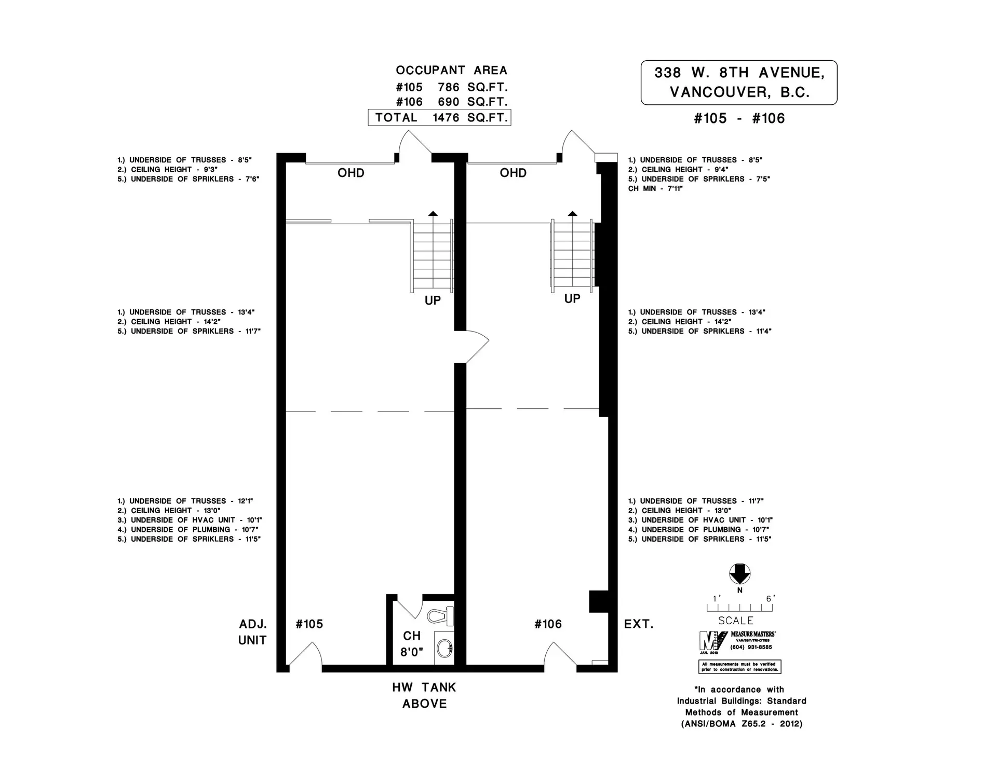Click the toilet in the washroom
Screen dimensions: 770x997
(440, 616)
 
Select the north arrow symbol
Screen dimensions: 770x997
(739, 574)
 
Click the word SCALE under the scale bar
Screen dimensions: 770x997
(735, 621)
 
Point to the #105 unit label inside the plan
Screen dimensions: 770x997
(309, 624)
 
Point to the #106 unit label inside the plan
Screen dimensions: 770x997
(548, 624)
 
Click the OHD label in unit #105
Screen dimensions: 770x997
(351, 173)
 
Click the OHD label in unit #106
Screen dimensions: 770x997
(513, 173)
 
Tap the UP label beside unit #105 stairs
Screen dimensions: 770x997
(433, 301)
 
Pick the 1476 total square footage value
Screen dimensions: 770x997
(446, 118)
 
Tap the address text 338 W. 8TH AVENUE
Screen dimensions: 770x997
(739, 73)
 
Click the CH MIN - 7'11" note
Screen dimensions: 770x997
(655, 189)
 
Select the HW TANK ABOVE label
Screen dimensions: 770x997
(424, 695)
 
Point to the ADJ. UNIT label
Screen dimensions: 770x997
(252, 632)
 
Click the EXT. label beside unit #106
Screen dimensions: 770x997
(638, 624)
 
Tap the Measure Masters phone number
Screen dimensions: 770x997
(751, 647)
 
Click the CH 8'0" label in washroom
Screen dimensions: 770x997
(412, 644)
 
